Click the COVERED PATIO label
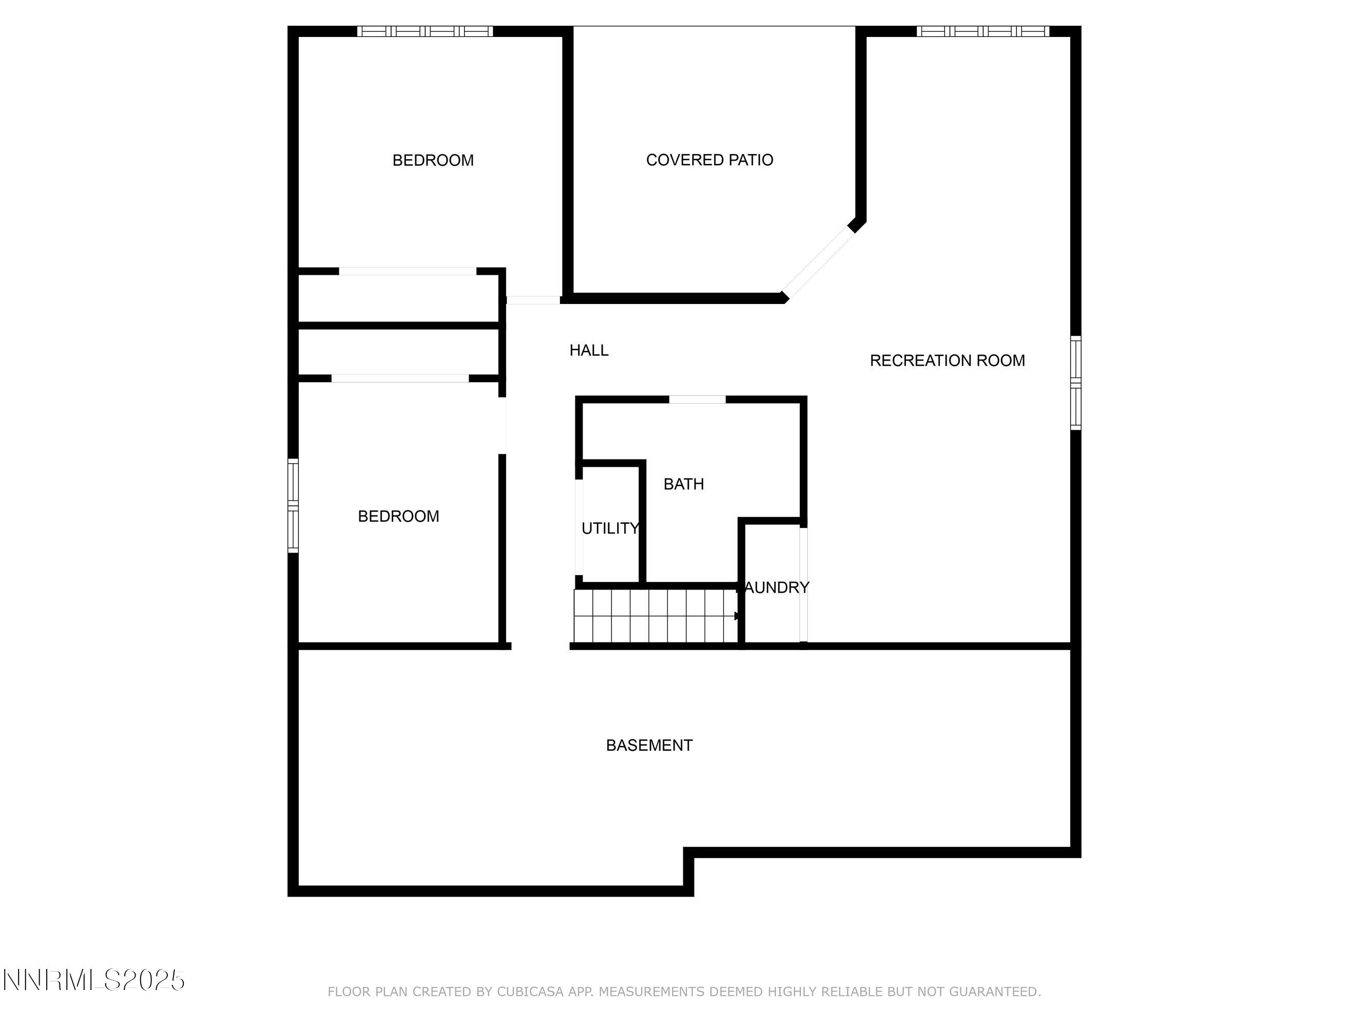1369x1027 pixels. pyautogui.click(x=709, y=160)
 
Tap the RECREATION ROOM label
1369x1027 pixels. pyautogui.click(x=947, y=361)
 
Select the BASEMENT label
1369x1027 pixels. pyautogui.click(x=649, y=745)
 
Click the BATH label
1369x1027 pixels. pyautogui.click(x=683, y=484)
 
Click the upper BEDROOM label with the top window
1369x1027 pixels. pyautogui.click(x=433, y=161)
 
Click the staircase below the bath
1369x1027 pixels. pyautogui.click(x=655, y=616)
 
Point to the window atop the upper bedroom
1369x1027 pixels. pyautogui.click(x=425, y=31)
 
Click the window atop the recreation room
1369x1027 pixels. pyautogui.click(x=983, y=31)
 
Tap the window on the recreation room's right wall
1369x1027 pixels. pyautogui.click(x=1076, y=383)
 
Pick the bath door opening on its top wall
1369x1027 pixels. pyautogui.click(x=697, y=400)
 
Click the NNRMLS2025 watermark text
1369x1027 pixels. pyautogui.click(x=94, y=980)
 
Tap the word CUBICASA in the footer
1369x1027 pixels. pyautogui.click(x=530, y=992)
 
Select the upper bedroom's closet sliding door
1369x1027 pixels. pyautogui.click(x=407, y=271)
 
